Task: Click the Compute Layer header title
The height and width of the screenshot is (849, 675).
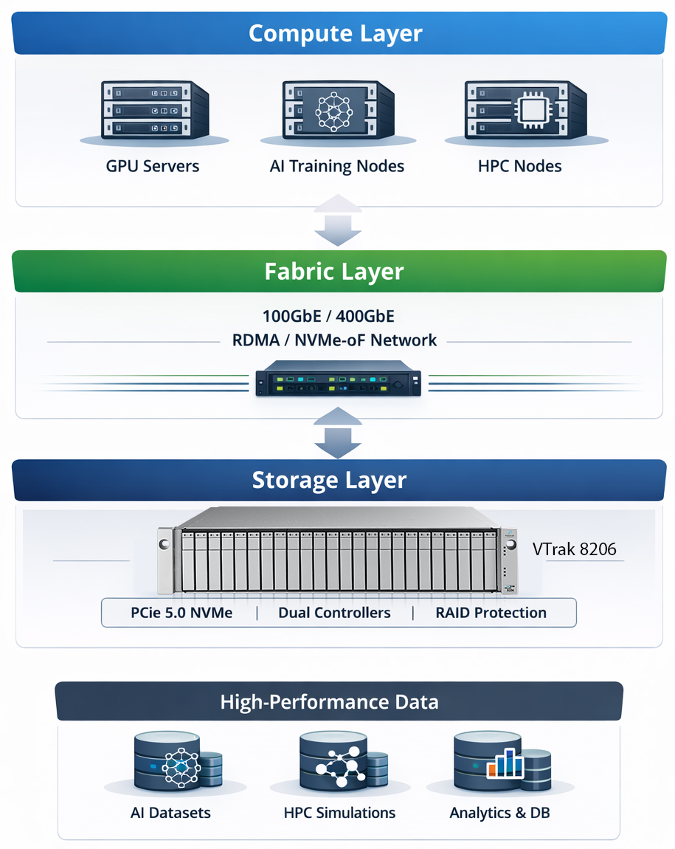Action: coord(336,33)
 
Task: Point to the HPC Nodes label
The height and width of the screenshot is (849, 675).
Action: coord(519,166)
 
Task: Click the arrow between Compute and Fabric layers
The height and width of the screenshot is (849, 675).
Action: coord(338,219)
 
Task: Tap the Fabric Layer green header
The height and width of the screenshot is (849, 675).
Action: coord(334,271)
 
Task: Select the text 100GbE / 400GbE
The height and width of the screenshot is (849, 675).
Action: coord(328,317)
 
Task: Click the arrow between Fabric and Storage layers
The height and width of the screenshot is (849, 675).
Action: coord(338,434)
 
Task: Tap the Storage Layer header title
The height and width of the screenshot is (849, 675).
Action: coord(329,480)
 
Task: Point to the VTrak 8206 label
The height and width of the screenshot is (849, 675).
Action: coord(574,549)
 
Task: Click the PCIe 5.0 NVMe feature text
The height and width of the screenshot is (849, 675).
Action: coord(181,613)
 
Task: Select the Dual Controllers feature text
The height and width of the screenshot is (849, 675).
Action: coord(334,613)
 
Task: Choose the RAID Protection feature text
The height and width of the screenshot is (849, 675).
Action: coord(491,613)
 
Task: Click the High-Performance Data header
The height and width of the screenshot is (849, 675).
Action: coord(329,701)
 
